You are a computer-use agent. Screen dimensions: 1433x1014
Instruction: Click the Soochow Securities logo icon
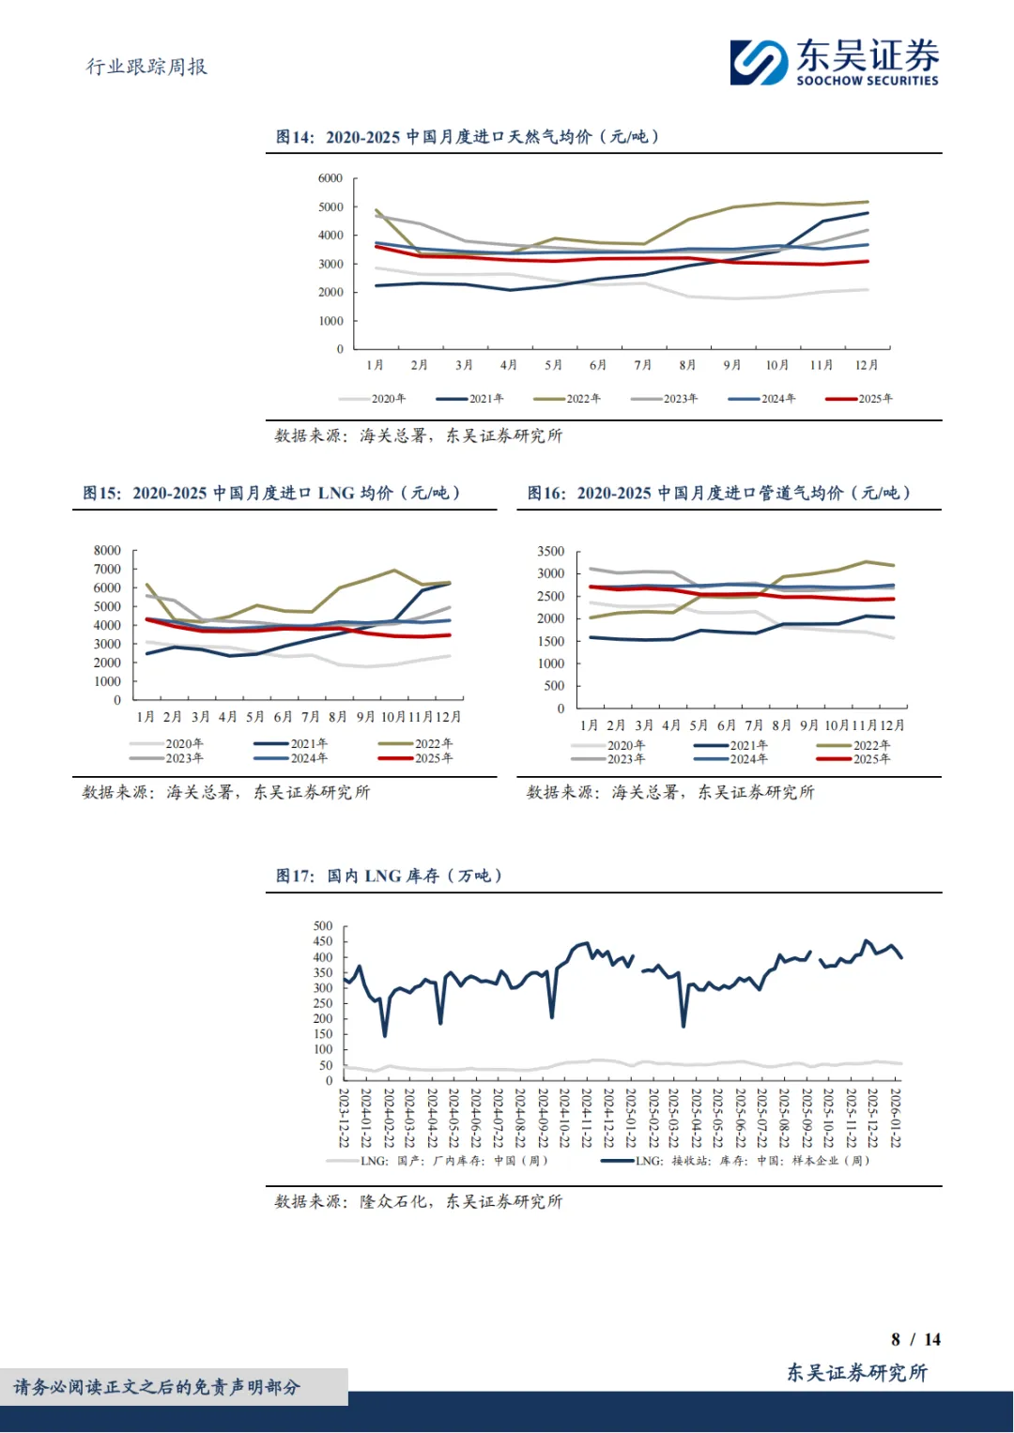click(759, 63)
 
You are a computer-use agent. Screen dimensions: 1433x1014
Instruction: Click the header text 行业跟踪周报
click(146, 67)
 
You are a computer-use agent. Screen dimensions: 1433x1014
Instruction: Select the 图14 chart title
click(467, 137)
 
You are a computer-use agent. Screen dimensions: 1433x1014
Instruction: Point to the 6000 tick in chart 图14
click(330, 178)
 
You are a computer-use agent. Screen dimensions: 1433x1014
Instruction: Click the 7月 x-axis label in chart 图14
click(642, 365)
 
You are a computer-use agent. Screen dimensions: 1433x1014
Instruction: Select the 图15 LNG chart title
click(271, 494)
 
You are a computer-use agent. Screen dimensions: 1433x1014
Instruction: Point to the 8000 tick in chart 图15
click(107, 551)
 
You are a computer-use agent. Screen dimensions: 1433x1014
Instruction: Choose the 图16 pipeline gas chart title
click(718, 494)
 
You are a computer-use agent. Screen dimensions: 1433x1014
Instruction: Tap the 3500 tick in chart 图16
click(551, 552)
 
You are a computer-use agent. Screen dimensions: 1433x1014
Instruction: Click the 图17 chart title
click(389, 877)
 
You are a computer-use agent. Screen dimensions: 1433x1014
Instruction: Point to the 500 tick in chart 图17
click(323, 926)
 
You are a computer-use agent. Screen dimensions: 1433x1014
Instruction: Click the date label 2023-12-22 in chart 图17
click(345, 1118)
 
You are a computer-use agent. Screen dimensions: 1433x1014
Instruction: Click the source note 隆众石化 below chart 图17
click(418, 1202)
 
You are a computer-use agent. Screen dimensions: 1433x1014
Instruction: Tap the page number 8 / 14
click(915, 1339)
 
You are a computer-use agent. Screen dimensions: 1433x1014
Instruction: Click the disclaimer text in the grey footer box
click(157, 1387)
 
